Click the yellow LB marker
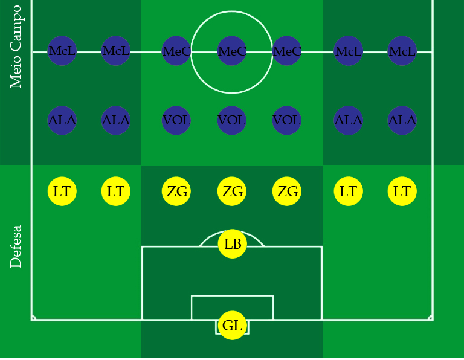[233, 244]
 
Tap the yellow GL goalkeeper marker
[233, 326]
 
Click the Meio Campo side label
[16, 47]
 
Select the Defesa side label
[16, 246]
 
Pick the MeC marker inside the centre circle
[232, 51]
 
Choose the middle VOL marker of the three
[232, 120]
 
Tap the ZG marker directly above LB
[232, 191]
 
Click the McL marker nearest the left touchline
[62, 51]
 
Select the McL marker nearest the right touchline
[402, 51]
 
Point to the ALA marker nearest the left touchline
[62, 120]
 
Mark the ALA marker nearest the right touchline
[402, 120]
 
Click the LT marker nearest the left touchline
[62, 191]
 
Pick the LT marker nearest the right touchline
[402, 191]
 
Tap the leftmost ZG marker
[176, 191]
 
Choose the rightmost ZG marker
[287, 191]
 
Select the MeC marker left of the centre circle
[176, 51]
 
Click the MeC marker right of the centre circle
[287, 51]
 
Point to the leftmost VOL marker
[176, 120]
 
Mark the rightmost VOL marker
[287, 120]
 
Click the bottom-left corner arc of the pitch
[34, 317]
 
